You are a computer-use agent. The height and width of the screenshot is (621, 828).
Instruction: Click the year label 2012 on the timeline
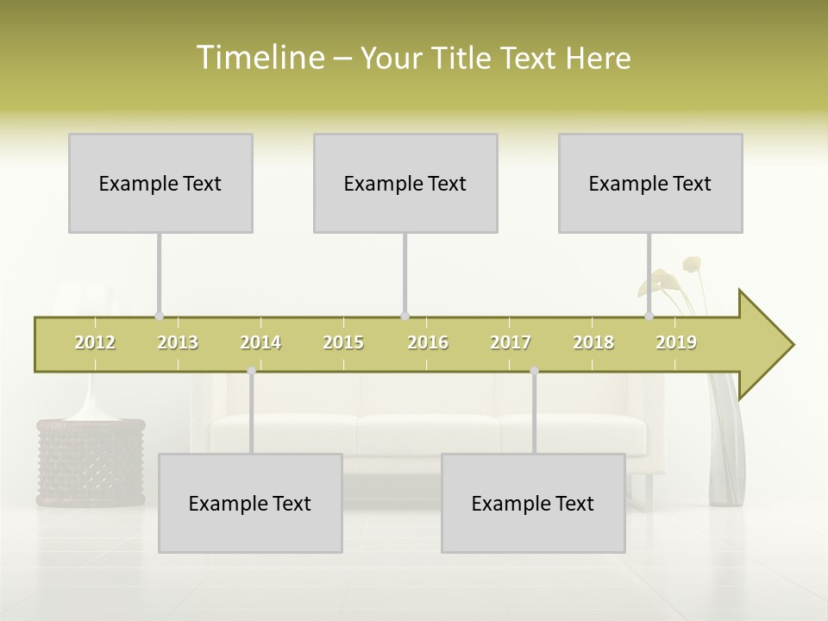[x=95, y=343]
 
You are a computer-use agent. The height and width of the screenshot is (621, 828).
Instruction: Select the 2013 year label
[x=178, y=343]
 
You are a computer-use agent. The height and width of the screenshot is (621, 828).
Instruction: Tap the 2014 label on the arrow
[x=260, y=343]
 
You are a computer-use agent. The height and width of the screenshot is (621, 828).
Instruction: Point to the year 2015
[x=343, y=343]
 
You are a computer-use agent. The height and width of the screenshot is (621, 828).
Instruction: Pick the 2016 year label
[x=428, y=343]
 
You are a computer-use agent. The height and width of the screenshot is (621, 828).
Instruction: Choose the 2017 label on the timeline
[x=511, y=343]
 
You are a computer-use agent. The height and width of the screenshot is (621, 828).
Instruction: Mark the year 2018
[x=593, y=343]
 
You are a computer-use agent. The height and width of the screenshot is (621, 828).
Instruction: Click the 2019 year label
[x=676, y=343]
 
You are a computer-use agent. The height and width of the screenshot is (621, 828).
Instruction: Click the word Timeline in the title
[x=260, y=58]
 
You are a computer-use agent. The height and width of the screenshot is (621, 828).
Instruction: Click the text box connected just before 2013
[x=160, y=183]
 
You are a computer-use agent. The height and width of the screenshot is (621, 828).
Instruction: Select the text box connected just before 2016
[x=405, y=183]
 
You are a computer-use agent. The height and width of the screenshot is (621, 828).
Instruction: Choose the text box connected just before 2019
[x=650, y=183]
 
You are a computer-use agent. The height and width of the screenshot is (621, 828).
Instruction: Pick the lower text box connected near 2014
[x=250, y=503]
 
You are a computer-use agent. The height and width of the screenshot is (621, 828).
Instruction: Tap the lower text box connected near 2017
[x=533, y=503]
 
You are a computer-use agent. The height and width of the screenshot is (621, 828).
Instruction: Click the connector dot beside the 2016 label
[x=405, y=316]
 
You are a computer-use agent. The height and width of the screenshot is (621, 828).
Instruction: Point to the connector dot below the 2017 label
[x=534, y=371]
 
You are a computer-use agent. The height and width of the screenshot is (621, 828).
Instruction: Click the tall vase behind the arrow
[x=724, y=448]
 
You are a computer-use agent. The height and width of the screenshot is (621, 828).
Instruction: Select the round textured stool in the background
[x=91, y=461]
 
